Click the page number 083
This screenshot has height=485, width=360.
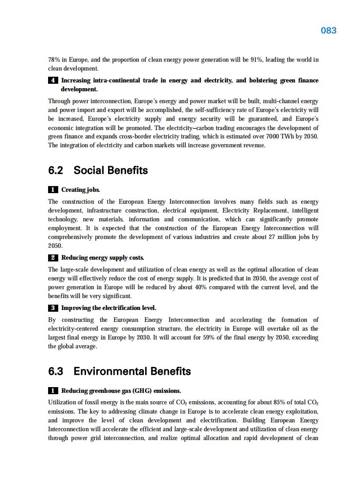click(x=328, y=30)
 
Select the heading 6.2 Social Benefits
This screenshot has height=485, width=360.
click(x=98, y=170)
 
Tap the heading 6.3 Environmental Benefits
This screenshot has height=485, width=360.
click(x=120, y=371)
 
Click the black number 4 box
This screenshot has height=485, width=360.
click(x=52, y=81)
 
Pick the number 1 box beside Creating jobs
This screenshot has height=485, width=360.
click(x=52, y=190)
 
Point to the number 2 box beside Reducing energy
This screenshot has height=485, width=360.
click(x=52, y=257)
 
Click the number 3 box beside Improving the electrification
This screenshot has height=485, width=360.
click(x=52, y=308)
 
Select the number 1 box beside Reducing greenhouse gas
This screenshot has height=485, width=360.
click(x=52, y=391)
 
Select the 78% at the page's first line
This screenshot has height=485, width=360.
click(x=54, y=60)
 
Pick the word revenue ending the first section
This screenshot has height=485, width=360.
click(x=254, y=145)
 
